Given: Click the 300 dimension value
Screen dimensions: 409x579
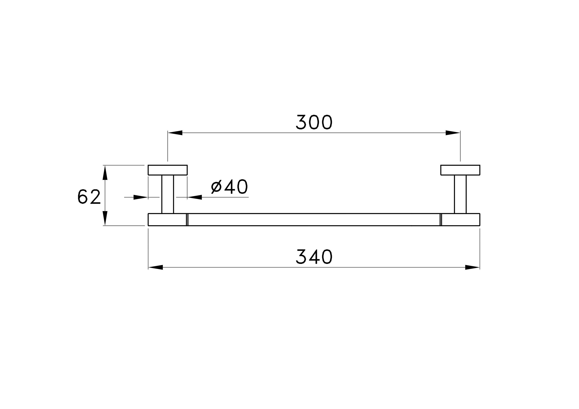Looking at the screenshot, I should point(314,122).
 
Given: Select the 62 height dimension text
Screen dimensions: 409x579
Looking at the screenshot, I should point(89,197).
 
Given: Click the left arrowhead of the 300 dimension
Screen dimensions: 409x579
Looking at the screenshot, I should point(175,133).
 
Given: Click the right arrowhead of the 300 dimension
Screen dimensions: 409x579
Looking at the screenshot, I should point(453,133).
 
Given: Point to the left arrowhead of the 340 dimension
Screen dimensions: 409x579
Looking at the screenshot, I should point(156,267).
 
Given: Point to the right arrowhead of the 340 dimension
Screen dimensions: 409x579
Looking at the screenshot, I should point(472,267).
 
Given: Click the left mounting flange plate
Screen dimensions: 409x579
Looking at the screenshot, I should point(168,170).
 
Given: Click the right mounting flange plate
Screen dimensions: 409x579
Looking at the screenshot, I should point(460,170).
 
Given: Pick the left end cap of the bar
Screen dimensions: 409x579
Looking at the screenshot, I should point(167,219).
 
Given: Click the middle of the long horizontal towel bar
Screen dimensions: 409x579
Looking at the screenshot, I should point(314,219).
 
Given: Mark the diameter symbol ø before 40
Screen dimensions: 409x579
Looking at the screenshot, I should point(216,187).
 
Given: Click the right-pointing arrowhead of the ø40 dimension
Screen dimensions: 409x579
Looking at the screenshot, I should point(140,197).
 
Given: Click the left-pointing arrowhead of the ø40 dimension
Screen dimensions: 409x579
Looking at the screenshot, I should point(195,197).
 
